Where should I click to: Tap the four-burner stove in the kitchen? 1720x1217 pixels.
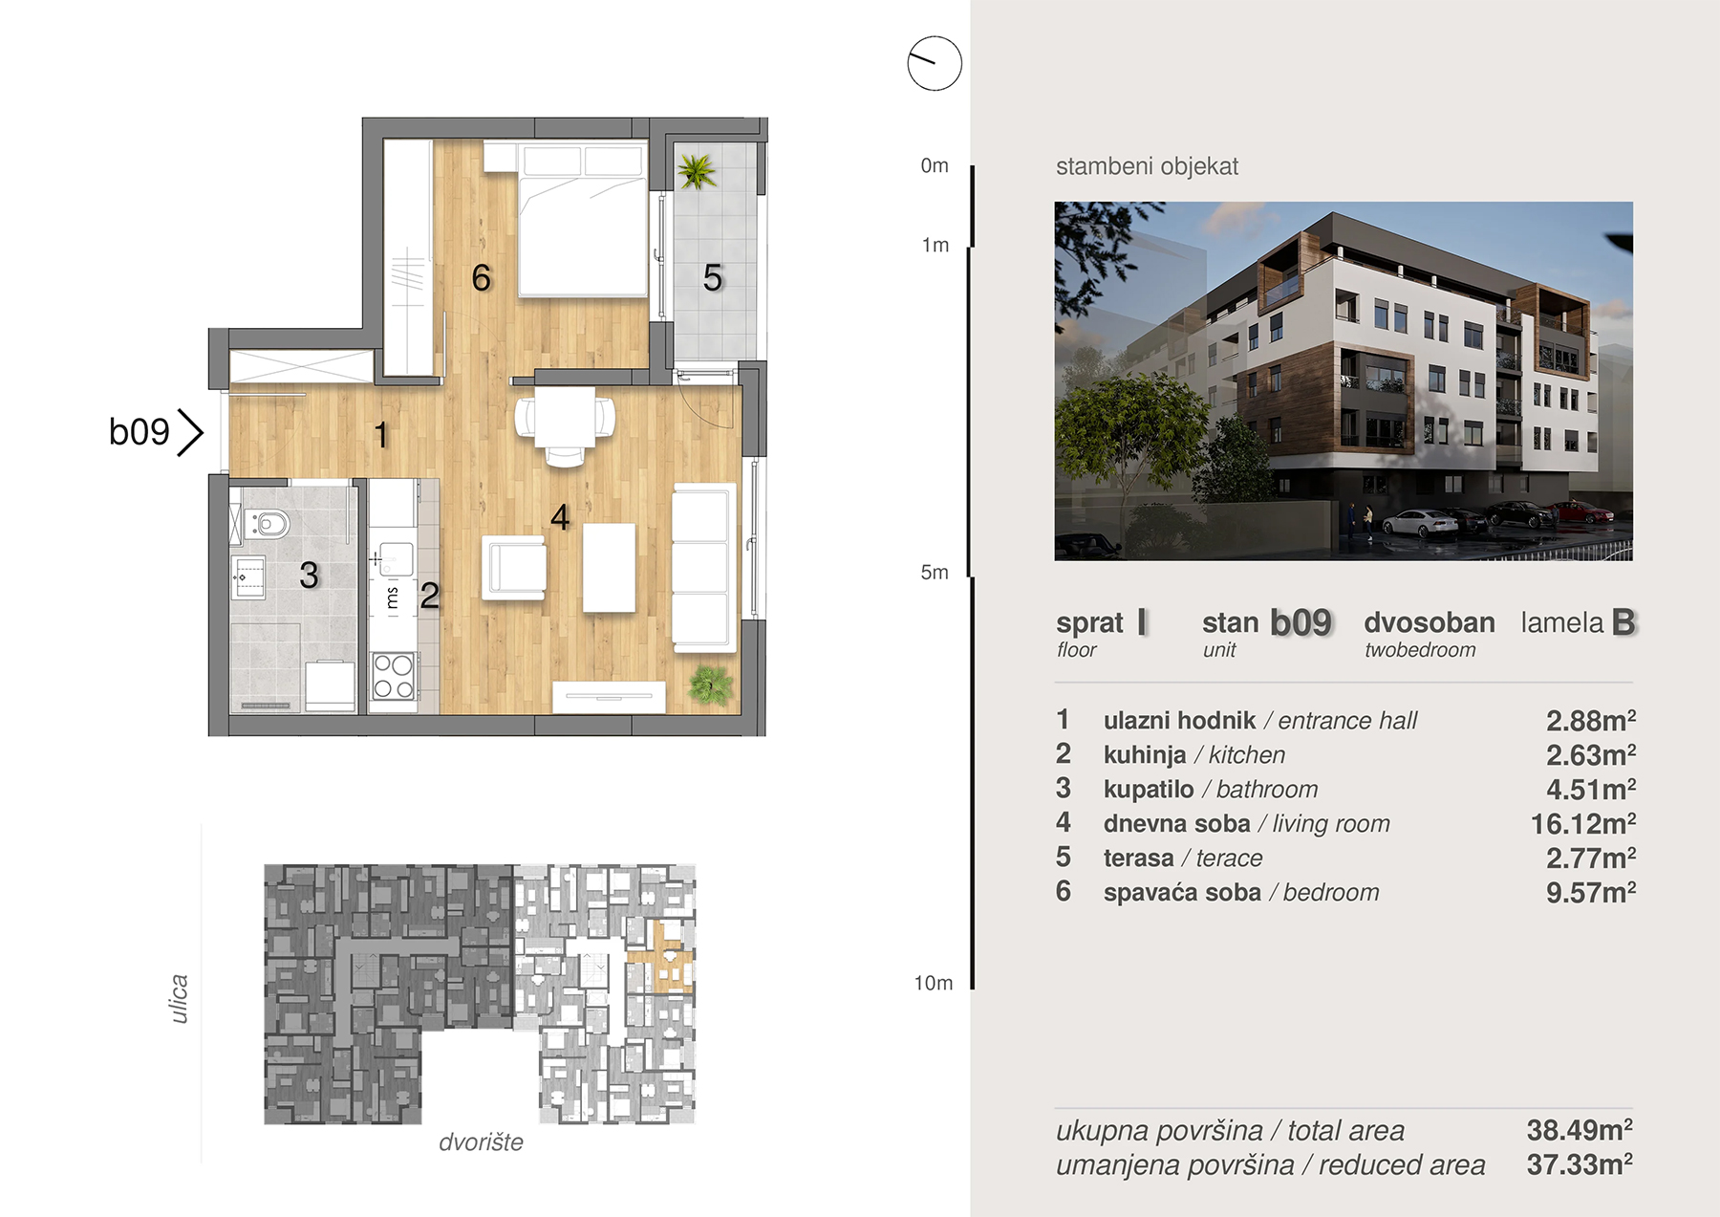pyautogui.click(x=394, y=676)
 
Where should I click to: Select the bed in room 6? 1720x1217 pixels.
pyautogui.click(x=582, y=220)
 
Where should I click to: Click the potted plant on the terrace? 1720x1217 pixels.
pyautogui.click(x=697, y=171)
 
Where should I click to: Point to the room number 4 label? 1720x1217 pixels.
pyautogui.click(x=560, y=517)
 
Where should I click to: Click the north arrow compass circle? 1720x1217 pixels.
pyautogui.click(x=935, y=63)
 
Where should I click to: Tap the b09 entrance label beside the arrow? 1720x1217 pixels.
pyautogui.click(x=140, y=432)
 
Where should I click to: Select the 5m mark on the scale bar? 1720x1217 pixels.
pyautogui.click(x=935, y=572)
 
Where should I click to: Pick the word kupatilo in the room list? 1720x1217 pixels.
pyautogui.click(x=1149, y=789)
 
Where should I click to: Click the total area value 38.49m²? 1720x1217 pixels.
pyautogui.click(x=1580, y=1129)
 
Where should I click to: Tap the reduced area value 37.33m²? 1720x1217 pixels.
pyautogui.click(x=1580, y=1163)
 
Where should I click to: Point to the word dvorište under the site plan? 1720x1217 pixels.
pyautogui.click(x=481, y=1141)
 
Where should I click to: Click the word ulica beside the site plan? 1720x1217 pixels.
pyautogui.click(x=179, y=999)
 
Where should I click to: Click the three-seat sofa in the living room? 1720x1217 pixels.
pyautogui.click(x=703, y=568)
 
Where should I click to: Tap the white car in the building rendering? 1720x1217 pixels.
pyautogui.click(x=1420, y=523)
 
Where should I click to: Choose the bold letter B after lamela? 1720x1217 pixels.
pyautogui.click(x=1623, y=622)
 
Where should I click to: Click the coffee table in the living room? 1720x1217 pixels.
pyautogui.click(x=610, y=567)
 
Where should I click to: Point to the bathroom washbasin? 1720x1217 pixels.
pyautogui.click(x=248, y=577)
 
